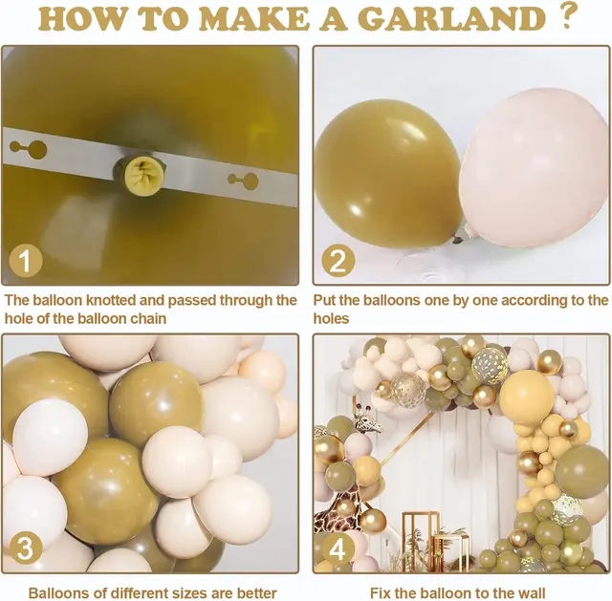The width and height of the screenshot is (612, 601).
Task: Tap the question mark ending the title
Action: click(x=567, y=16)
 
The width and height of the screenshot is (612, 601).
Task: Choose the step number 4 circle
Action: click(x=337, y=548)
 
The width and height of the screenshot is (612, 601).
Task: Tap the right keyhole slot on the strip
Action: click(x=243, y=181)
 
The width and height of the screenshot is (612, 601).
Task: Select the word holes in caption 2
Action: click(x=331, y=318)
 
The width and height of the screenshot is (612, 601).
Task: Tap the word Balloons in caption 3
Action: click(x=59, y=592)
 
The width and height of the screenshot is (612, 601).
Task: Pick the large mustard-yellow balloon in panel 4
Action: click(x=526, y=397)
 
